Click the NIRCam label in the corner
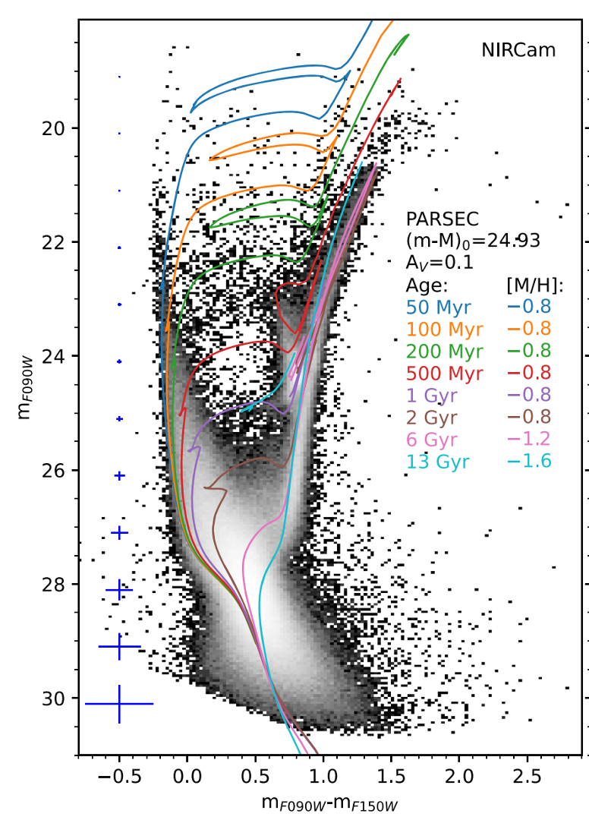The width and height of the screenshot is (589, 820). coord(518,51)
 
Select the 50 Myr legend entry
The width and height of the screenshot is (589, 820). coord(438,307)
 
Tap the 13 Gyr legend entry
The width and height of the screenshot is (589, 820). coord(438,462)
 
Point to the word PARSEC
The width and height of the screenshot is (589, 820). coord(443,219)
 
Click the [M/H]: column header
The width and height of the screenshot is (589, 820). coord(529,285)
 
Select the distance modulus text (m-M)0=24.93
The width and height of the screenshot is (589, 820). coord(474,241)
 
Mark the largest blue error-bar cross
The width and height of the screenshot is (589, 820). coord(119,704)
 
